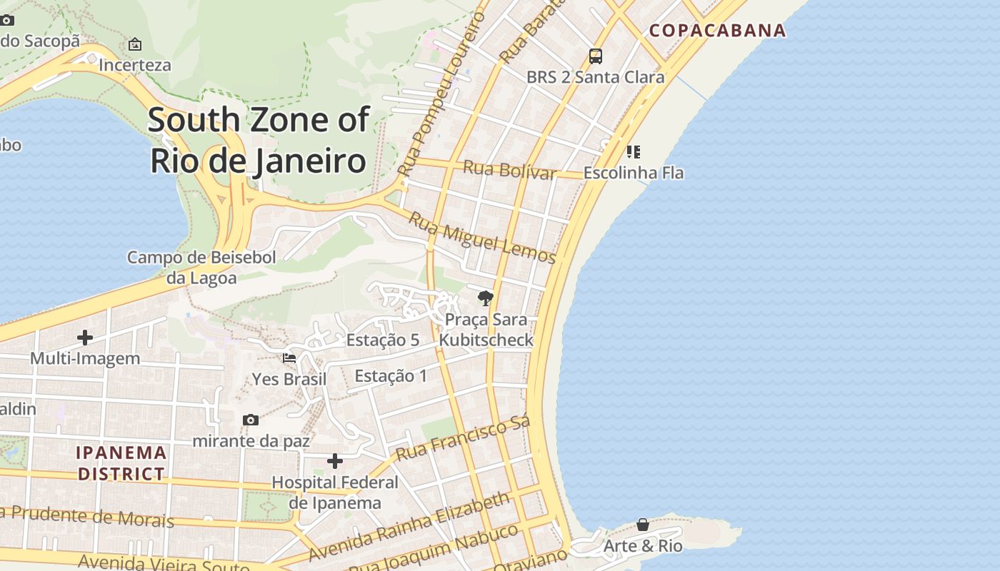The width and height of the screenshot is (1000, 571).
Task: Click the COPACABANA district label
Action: pos(717,31)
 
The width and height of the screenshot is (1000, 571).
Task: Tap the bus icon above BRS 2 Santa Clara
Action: pos(595,56)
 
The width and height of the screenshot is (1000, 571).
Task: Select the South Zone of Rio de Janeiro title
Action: pos(259,140)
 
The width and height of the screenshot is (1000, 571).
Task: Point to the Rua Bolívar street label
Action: pos(509,170)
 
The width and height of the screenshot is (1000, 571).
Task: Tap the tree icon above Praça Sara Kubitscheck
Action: pos(486,298)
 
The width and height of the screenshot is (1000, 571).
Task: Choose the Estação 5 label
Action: pos(383,340)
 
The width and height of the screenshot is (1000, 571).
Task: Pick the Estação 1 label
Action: pos(391,375)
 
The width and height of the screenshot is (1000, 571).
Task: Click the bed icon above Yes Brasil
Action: pos(289,358)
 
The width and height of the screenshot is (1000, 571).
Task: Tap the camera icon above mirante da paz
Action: pos(250,420)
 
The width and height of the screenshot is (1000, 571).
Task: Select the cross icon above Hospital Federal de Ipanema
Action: pos(334,461)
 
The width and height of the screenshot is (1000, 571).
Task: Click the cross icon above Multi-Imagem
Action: pos(85,337)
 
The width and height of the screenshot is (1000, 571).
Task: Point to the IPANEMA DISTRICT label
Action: pos(121,463)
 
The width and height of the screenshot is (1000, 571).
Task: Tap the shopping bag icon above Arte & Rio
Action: pos(643,525)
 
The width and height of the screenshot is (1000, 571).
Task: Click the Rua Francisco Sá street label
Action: pos(463,438)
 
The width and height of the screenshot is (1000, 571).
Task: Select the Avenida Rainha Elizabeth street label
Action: pos(410,525)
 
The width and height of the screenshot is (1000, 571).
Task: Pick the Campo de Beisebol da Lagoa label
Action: pos(201,268)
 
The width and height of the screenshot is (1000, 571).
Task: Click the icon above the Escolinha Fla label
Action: pos(633,151)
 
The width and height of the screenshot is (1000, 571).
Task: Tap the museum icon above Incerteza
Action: pos(135,44)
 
